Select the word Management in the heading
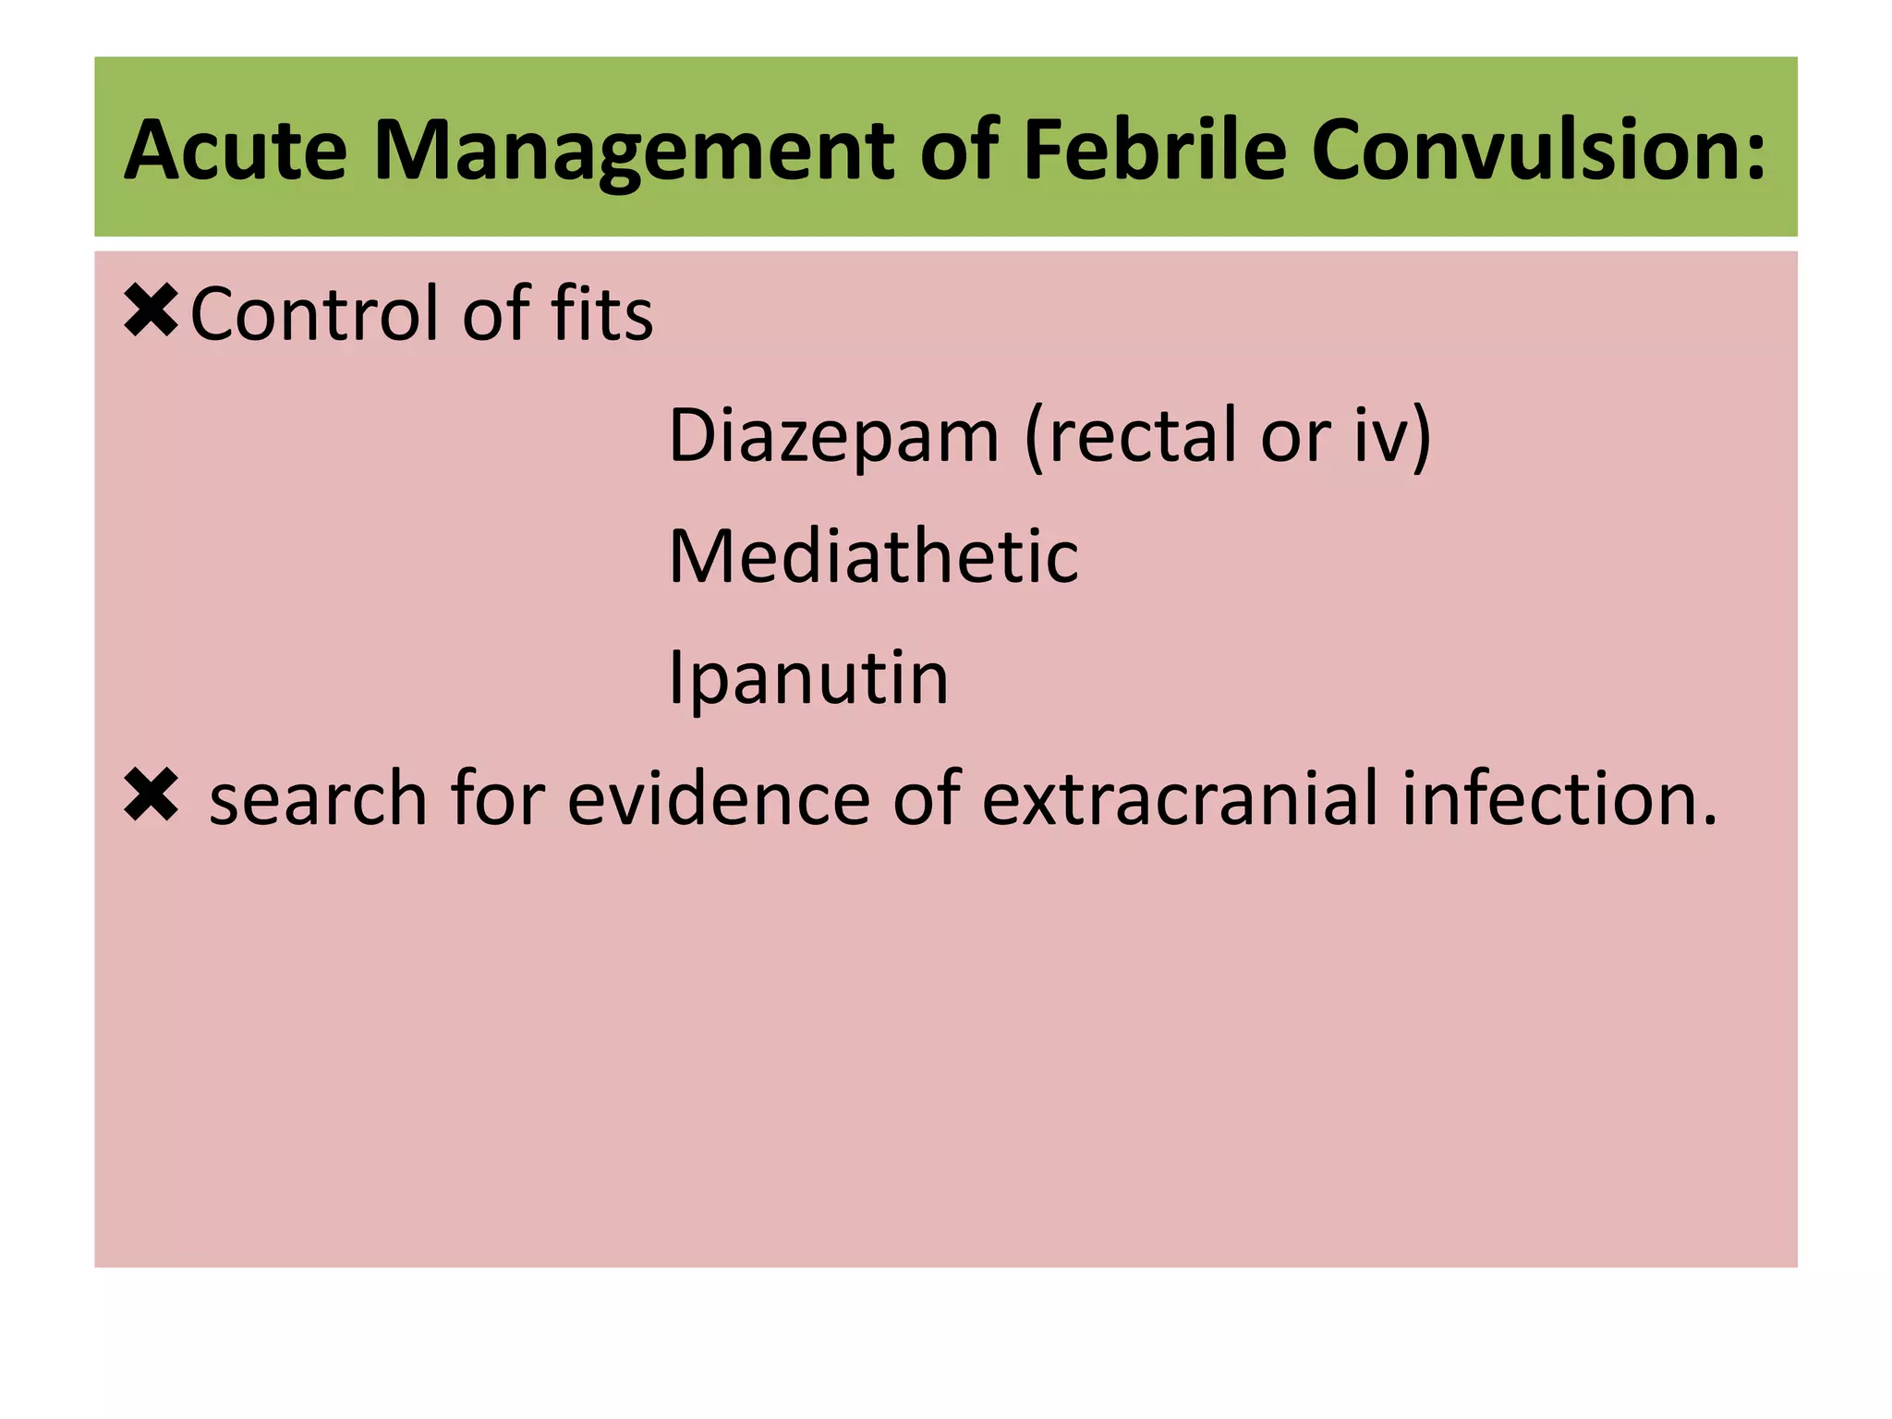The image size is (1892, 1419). tap(634, 150)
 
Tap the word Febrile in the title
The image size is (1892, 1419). tap(1154, 150)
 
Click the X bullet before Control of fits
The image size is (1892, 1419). tap(151, 311)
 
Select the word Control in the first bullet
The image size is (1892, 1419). tap(314, 314)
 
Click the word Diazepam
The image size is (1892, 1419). tap(833, 436)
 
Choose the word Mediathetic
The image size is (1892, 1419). tap(873, 557)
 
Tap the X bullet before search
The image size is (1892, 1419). tap(151, 796)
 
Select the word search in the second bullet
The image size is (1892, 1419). tap(318, 798)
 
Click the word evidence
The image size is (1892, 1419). tap(719, 798)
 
